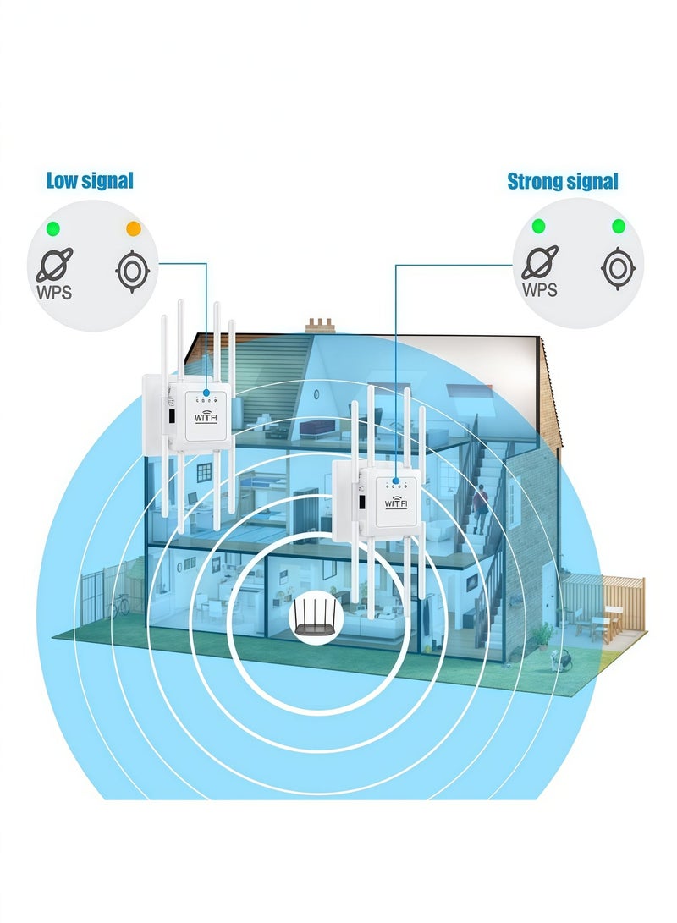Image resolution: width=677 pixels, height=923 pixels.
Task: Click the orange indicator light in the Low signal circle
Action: (x=134, y=228)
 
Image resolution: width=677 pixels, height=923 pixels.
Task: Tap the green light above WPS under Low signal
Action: (x=53, y=228)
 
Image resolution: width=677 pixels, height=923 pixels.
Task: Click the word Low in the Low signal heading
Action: (x=61, y=180)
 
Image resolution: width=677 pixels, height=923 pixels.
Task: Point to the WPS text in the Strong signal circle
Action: (x=539, y=289)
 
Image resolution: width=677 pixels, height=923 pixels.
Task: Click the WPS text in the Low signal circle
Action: (x=54, y=292)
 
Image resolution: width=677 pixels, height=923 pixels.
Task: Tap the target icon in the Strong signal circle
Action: (x=618, y=268)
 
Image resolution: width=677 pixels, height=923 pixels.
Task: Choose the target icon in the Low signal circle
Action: (x=133, y=272)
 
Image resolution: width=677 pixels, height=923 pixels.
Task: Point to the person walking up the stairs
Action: (x=480, y=508)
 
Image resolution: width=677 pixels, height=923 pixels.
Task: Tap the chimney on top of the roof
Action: (x=320, y=325)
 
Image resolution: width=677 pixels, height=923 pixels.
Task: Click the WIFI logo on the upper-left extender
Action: (x=206, y=417)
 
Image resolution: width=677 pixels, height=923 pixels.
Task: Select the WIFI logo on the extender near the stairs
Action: (x=396, y=503)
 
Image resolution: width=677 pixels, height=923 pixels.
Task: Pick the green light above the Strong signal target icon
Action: (x=618, y=226)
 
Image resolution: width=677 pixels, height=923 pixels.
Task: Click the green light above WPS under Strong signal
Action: (x=538, y=226)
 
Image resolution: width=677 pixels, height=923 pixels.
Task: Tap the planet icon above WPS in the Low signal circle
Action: (x=54, y=264)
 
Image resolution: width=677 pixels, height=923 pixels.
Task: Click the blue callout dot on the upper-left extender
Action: (x=206, y=392)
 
